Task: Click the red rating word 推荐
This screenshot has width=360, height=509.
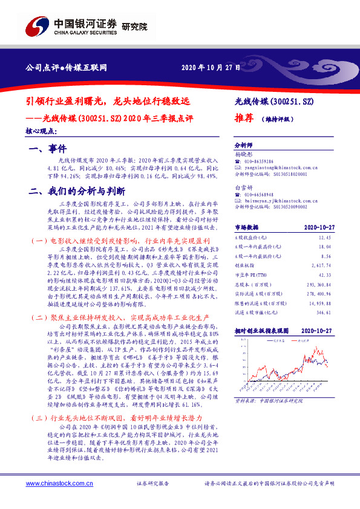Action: [x=243, y=119]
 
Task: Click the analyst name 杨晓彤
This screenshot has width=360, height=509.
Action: [x=242, y=155]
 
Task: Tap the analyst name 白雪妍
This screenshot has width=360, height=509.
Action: [x=242, y=188]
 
